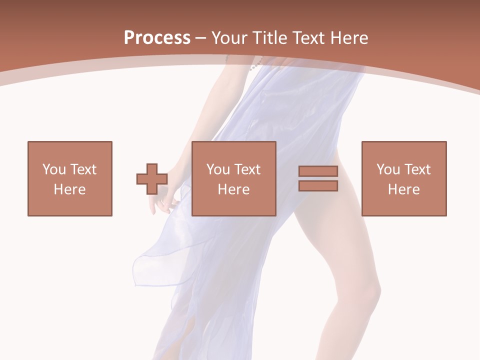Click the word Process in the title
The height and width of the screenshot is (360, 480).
[157, 38]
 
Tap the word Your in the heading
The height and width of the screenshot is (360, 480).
[229, 38]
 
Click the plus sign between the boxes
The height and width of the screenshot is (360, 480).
[152, 178]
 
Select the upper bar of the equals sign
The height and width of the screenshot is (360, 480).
[318, 171]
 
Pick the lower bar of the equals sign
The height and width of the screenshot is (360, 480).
[318, 185]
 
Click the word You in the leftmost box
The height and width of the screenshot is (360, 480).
[53, 169]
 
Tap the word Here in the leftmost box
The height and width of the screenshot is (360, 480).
[70, 189]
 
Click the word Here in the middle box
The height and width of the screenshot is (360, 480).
[234, 189]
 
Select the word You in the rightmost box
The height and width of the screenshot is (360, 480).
[387, 169]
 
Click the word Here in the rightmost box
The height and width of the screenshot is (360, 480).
[404, 189]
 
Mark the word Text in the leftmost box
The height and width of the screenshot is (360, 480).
[83, 169]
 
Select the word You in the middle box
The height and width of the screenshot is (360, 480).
[217, 169]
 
